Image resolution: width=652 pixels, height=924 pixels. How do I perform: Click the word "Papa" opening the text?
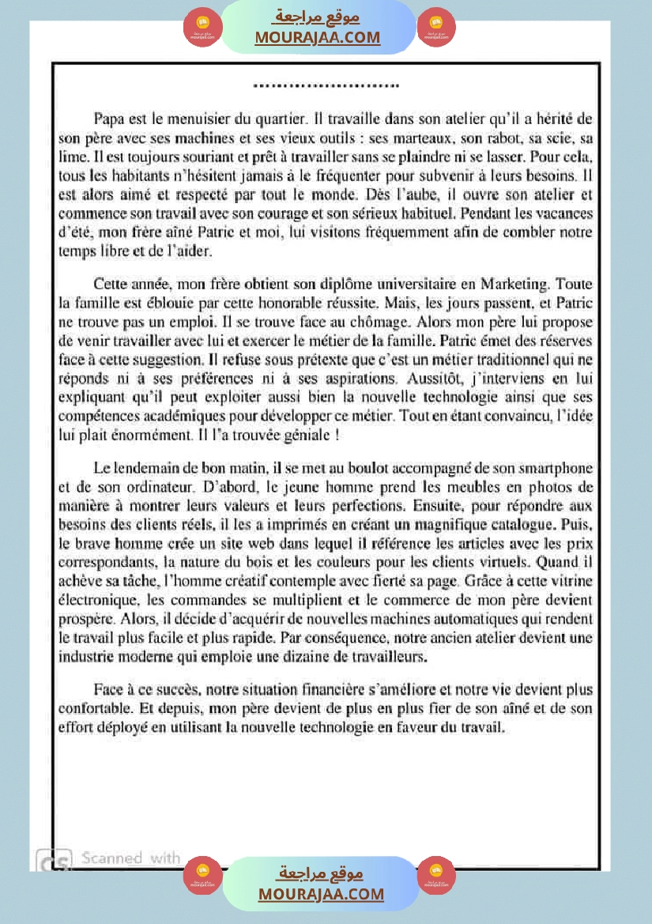click(108, 120)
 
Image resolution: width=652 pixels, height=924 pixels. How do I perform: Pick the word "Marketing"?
click(511, 283)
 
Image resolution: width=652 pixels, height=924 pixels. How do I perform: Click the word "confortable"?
click(97, 709)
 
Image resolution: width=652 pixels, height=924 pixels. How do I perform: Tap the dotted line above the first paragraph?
click(326, 85)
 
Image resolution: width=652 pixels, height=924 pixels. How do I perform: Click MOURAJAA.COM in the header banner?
click(317, 37)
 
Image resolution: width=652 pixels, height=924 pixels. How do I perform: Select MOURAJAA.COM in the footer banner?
click(321, 894)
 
